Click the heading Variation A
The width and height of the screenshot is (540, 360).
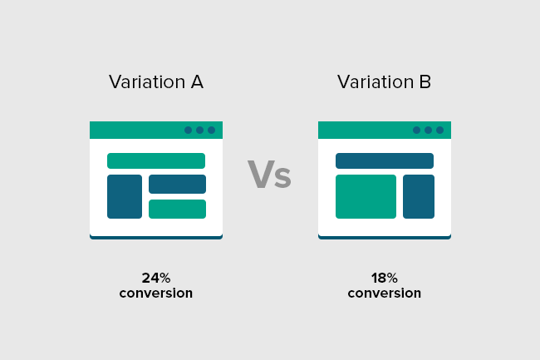pos(156,82)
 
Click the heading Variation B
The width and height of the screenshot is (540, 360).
pos(384,82)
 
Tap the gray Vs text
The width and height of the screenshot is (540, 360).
pos(269,175)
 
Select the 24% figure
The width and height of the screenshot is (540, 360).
pos(156,278)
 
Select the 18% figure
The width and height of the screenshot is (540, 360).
pos(385,278)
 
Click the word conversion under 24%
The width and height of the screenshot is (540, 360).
pos(156,293)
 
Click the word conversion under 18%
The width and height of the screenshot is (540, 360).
pos(385,293)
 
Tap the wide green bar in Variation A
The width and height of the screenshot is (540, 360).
pos(156,161)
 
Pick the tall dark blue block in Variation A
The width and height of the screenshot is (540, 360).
pos(125,196)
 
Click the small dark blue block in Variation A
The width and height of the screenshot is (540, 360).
pos(177,184)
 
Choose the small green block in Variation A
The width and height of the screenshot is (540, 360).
pos(177,209)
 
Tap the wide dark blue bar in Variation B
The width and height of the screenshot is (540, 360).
pos(385,161)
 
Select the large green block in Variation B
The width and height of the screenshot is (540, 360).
pos(366,196)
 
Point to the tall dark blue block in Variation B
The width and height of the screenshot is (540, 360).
pos(419,196)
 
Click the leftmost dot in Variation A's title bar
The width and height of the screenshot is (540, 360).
pos(188,130)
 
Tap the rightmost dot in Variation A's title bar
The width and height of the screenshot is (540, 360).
pos(212,130)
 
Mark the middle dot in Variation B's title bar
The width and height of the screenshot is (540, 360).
pos(428,130)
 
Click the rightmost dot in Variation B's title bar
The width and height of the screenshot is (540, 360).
pos(439,130)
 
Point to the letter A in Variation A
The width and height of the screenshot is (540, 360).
pos(197,82)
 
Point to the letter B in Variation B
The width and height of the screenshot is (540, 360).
pos(425,82)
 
